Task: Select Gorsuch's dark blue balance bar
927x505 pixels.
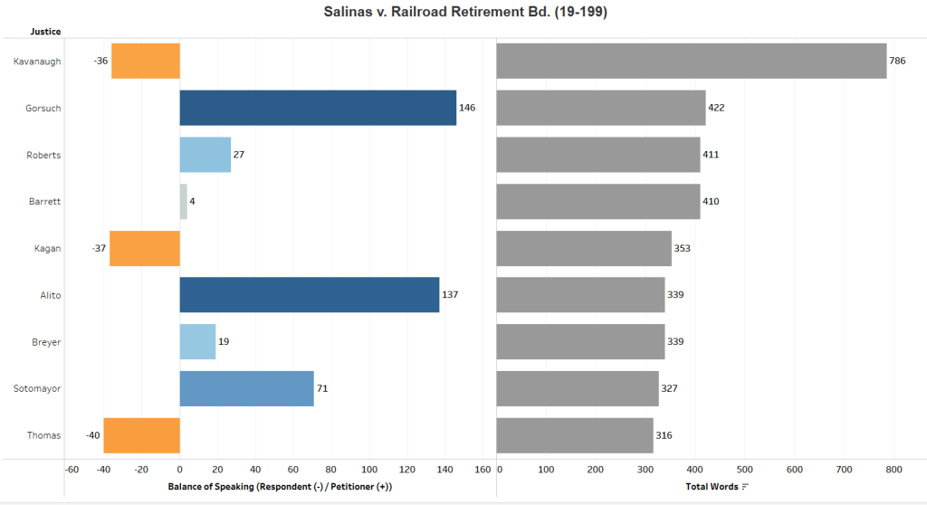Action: click(318, 108)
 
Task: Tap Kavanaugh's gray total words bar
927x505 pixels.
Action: click(692, 61)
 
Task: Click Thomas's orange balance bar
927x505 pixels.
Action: click(141, 435)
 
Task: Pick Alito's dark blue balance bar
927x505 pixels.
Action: click(310, 295)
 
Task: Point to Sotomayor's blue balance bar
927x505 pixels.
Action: click(246, 388)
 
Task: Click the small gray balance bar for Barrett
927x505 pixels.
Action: click(184, 201)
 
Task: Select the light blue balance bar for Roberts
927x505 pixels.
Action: click(205, 155)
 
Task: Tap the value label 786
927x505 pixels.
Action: click(900, 61)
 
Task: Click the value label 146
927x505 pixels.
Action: click(467, 108)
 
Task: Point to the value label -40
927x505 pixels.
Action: click(91, 435)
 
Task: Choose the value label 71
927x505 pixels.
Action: click(322, 388)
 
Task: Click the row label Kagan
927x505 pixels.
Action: click(47, 248)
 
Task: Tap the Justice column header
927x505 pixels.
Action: click(45, 32)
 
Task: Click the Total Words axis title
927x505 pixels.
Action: click(712, 487)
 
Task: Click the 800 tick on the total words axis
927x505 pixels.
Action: click(894, 469)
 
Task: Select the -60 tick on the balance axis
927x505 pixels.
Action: click(72, 469)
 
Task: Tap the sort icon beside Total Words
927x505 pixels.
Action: click(745, 487)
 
